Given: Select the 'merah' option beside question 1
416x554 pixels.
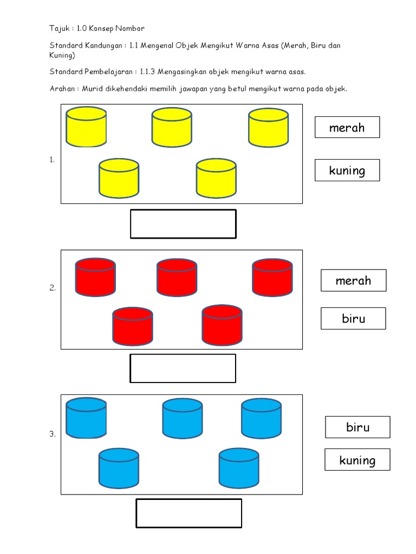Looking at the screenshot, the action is [347, 128].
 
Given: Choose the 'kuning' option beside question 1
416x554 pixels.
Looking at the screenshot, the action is [347, 170].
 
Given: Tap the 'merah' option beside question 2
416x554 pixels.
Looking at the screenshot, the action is [353, 281].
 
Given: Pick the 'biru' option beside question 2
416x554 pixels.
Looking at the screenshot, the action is [353, 319].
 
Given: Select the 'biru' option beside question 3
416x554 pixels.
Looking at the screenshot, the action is [357, 427].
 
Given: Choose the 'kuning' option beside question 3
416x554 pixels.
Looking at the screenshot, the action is [357, 460].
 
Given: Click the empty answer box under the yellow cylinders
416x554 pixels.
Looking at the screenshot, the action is [183, 224].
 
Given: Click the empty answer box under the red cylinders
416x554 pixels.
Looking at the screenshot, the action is [183, 368].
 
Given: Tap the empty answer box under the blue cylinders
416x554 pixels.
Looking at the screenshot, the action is [188, 513].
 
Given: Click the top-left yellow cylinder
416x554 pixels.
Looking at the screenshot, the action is [86, 127].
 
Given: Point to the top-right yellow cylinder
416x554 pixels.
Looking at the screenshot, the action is [269, 128].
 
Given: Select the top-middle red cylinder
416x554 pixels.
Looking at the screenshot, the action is [177, 278].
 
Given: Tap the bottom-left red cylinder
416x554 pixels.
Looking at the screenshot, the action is [133, 326].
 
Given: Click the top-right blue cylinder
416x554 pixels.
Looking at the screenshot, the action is [261, 418].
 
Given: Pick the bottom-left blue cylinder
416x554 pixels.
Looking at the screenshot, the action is [119, 468].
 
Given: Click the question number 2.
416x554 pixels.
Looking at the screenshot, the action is [53, 288].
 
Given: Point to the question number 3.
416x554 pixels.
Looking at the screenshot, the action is [53, 434].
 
